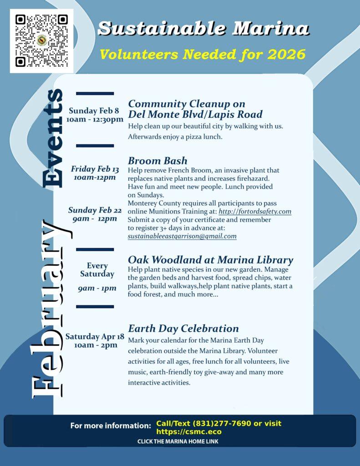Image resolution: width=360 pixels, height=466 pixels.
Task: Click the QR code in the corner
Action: point(41,41)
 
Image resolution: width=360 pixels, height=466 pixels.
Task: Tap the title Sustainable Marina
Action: point(203,29)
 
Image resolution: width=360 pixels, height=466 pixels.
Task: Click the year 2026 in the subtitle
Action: point(286,55)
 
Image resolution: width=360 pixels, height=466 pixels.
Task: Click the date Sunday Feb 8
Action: point(94,111)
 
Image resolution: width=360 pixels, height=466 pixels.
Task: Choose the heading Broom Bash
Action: point(157,161)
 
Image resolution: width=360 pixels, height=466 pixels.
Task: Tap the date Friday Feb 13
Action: point(95,169)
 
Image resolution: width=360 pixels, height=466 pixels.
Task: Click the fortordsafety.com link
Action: point(255,212)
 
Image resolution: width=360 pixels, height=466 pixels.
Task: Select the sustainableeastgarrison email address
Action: point(182,236)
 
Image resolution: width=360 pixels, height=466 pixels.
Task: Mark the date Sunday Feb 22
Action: point(95,210)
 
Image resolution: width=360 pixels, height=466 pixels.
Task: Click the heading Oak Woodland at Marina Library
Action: point(210,260)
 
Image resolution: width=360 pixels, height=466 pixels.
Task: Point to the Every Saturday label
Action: point(97,270)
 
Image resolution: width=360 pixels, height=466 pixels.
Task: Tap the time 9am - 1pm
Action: point(97,288)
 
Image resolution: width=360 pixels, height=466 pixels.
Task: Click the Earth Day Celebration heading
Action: point(183,328)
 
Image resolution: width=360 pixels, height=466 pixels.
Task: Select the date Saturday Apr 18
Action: point(95,337)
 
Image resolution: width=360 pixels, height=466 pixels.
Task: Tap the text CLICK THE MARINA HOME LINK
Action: point(178,441)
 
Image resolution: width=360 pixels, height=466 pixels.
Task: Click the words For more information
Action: point(111,426)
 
